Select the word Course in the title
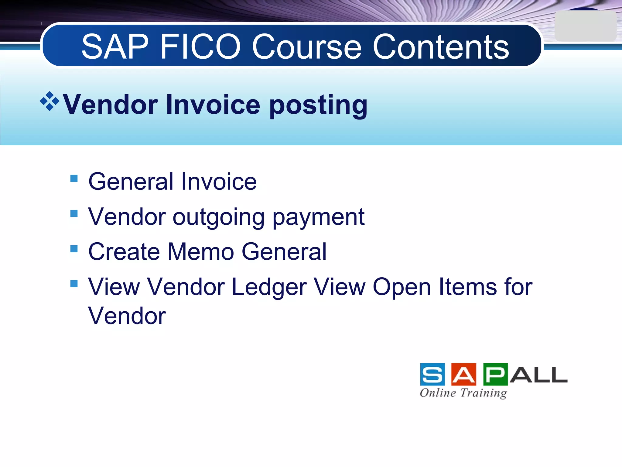[307, 47]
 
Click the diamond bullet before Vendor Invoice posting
[50, 101]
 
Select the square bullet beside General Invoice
[74, 178]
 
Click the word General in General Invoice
[131, 182]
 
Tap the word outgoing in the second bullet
[219, 218]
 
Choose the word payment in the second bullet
[318, 218]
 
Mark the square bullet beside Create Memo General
[74, 249]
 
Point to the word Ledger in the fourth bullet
[269, 287]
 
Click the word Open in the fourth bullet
[402, 287]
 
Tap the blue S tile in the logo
[432, 374]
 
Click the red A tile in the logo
[463, 374]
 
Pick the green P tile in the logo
[495, 374]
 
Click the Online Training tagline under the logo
[463, 393]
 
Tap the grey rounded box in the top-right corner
[585, 26]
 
